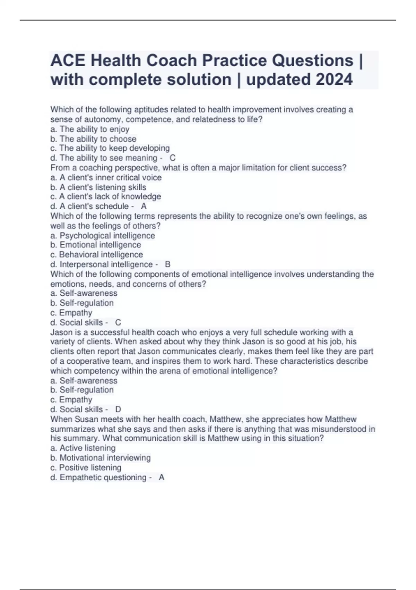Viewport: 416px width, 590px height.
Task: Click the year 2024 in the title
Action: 334,79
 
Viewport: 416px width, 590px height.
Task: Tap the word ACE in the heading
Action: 68,60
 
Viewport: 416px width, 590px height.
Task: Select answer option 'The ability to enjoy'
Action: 90,129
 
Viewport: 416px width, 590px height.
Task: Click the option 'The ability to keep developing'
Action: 110,148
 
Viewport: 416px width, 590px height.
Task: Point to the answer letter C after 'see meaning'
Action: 173,158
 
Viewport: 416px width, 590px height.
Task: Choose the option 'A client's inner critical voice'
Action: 106,177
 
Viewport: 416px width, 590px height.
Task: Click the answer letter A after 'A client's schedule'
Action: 144,206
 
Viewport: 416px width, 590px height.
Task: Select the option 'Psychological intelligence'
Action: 103,235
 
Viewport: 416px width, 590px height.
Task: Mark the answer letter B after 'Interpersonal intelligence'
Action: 168,264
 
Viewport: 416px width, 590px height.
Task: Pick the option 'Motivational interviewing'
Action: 101,458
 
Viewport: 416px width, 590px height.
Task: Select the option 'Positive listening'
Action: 86,467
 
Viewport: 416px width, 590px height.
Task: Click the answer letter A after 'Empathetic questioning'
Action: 162,478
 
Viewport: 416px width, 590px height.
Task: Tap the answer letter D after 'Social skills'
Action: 118,410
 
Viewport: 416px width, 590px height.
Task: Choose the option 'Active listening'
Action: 83,448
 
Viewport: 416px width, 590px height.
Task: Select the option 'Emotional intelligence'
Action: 96,245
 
